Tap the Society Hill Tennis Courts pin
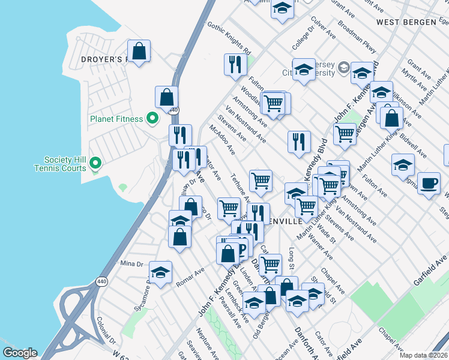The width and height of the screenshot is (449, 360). (x=95, y=163)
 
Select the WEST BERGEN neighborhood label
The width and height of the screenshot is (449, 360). (x=405, y=22)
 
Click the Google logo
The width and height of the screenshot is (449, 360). (x=20, y=353)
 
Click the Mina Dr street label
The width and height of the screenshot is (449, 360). (x=132, y=263)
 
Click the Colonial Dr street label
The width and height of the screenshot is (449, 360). (x=105, y=329)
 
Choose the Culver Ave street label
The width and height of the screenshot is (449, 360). (x=323, y=28)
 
